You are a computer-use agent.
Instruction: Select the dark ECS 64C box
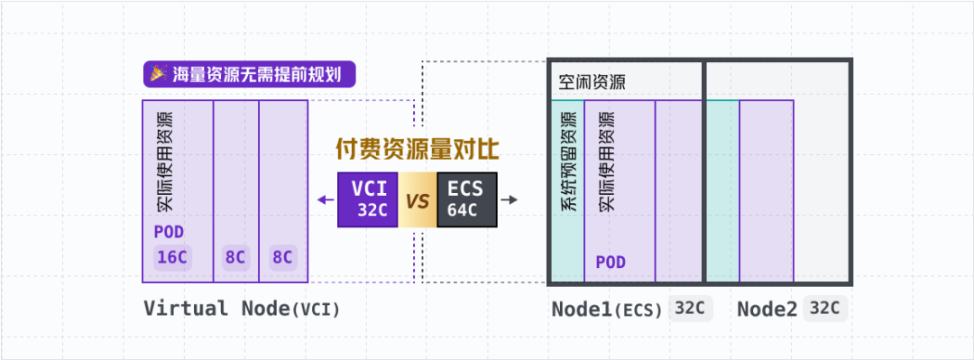click(x=466, y=199)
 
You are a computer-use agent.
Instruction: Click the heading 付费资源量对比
click(x=417, y=149)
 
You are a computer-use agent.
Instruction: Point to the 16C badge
click(x=171, y=258)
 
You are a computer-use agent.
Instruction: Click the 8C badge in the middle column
click(x=235, y=258)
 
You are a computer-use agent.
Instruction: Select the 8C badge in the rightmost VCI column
click(x=282, y=258)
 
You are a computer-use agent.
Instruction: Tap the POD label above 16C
click(x=168, y=232)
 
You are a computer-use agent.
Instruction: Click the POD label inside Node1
click(x=611, y=263)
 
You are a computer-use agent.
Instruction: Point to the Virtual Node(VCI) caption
click(x=242, y=309)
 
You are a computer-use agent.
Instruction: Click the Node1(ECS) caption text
click(x=607, y=309)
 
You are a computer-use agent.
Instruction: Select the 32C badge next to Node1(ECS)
click(x=690, y=309)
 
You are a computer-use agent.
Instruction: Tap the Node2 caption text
click(x=767, y=309)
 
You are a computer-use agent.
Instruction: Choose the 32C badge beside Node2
click(x=824, y=309)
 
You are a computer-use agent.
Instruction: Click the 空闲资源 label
click(x=593, y=83)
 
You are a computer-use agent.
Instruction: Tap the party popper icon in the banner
click(x=159, y=73)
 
